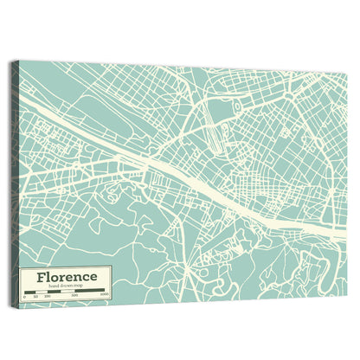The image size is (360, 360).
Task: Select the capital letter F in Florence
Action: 40,277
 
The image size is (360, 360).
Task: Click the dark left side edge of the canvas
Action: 15,182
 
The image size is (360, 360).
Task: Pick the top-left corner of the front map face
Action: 20,62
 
